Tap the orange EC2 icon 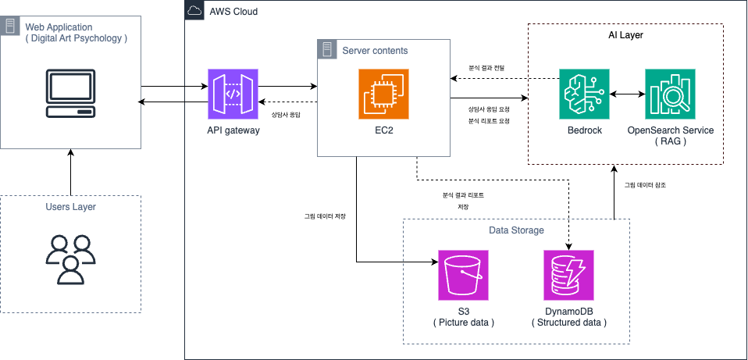[x=383, y=94]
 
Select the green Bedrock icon [x=584, y=94]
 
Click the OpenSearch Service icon [x=670, y=94]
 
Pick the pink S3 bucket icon [x=463, y=275]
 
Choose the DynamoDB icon [x=568, y=275]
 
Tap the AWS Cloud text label [x=233, y=12]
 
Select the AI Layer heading [x=625, y=36]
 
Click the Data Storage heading [x=515, y=230]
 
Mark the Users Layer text [x=70, y=207]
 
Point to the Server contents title [x=375, y=50]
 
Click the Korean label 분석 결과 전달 [x=486, y=68]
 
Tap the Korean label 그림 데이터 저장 [x=325, y=216]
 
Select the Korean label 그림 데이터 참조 [x=645, y=185]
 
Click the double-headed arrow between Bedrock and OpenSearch [x=627, y=94]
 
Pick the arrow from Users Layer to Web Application [x=70, y=172]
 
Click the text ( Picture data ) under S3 [x=463, y=323]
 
